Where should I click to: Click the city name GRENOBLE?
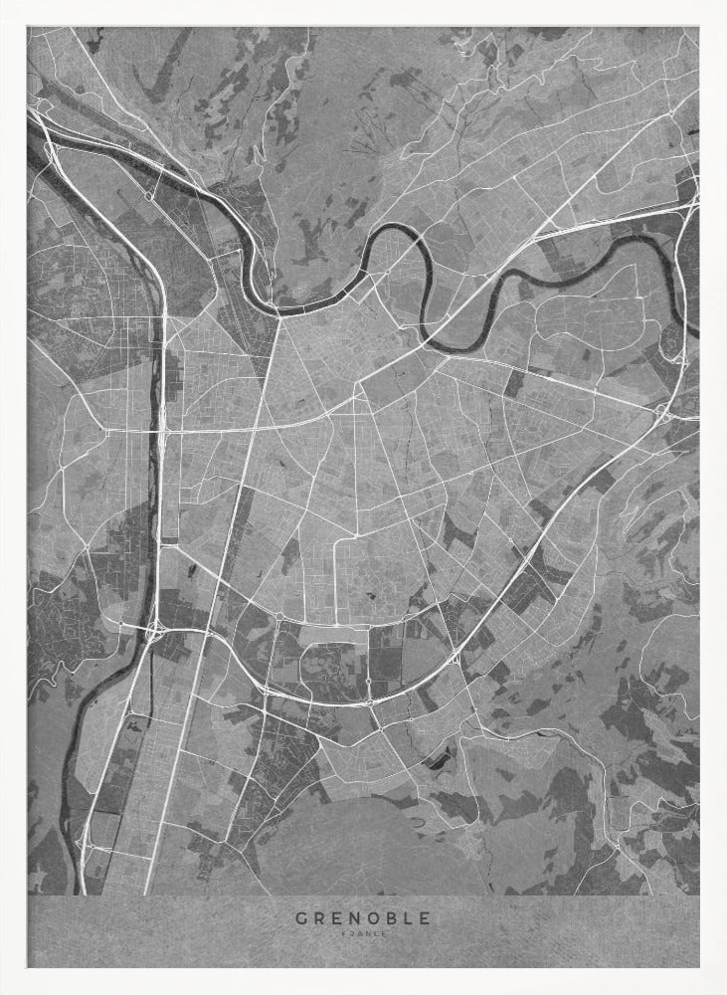click(x=363, y=917)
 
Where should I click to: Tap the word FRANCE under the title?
click(x=363, y=933)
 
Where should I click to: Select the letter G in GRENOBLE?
click(x=300, y=917)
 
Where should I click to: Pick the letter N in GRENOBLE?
click(x=354, y=917)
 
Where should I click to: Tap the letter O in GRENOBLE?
click(x=373, y=917)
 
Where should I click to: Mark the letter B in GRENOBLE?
click(x=391, y=917)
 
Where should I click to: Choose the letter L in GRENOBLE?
click(x=408, y=917)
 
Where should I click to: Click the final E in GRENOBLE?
click(x=425, y=917)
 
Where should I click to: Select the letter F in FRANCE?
click(x=343, y=933)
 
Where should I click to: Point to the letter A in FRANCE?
click(x=359, y=933)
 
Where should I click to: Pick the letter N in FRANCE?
click(x=367, y=933)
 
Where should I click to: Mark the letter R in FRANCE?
click(x=351, y=933)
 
